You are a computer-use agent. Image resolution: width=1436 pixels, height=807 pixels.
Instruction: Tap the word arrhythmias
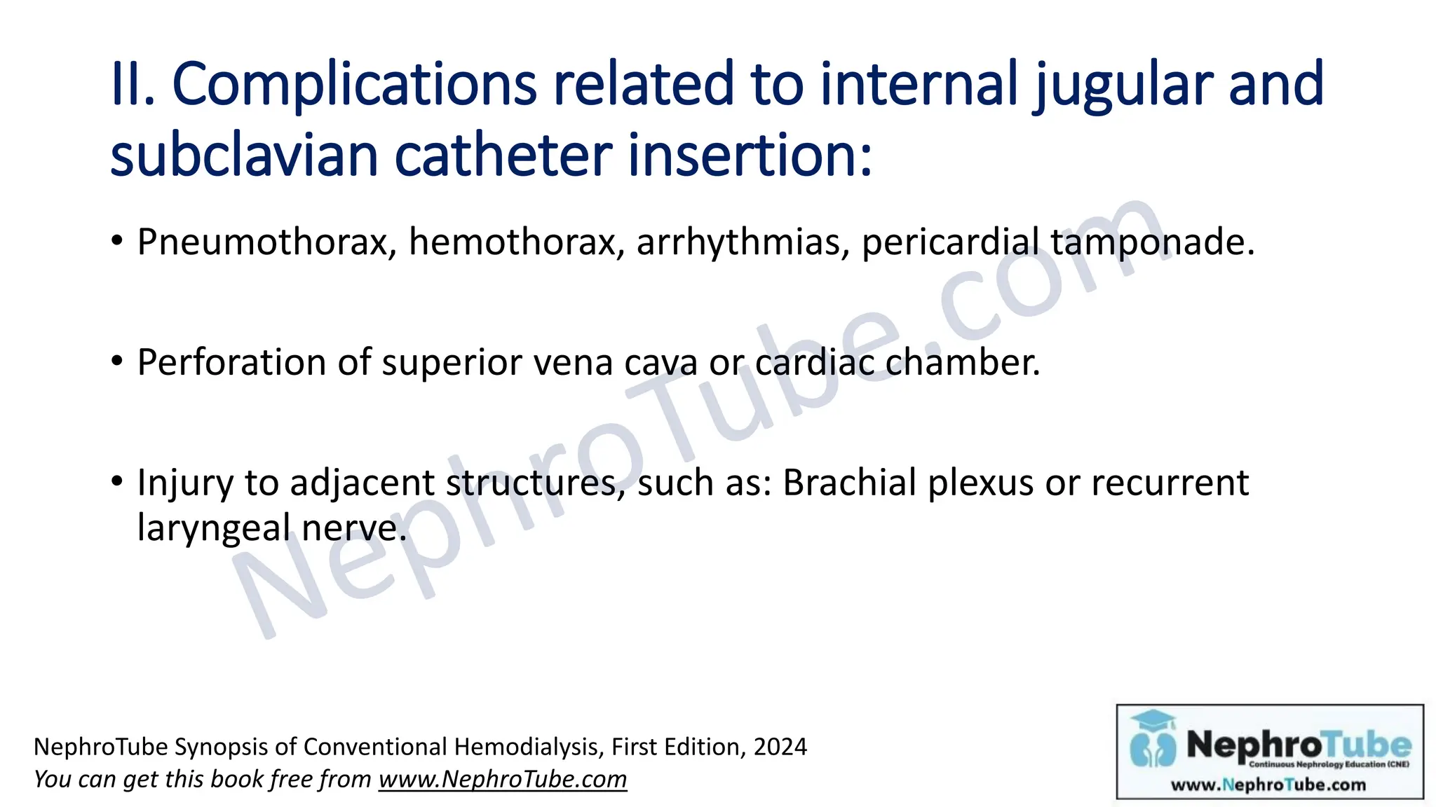tap(743, 242)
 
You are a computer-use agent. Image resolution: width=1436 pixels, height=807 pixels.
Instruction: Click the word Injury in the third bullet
tap(184, 483)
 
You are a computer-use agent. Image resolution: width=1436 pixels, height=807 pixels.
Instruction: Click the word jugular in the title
tap(1123, 85)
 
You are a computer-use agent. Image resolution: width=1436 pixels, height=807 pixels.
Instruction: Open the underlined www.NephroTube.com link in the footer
tap(503, 780)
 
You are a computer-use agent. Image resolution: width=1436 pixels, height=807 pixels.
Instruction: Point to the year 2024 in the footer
tap(780, 747)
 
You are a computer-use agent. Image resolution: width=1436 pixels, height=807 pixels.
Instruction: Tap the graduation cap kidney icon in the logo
tap(1153, 739)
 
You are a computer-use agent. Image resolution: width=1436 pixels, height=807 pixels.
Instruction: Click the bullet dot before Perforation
tap(117, 362)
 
